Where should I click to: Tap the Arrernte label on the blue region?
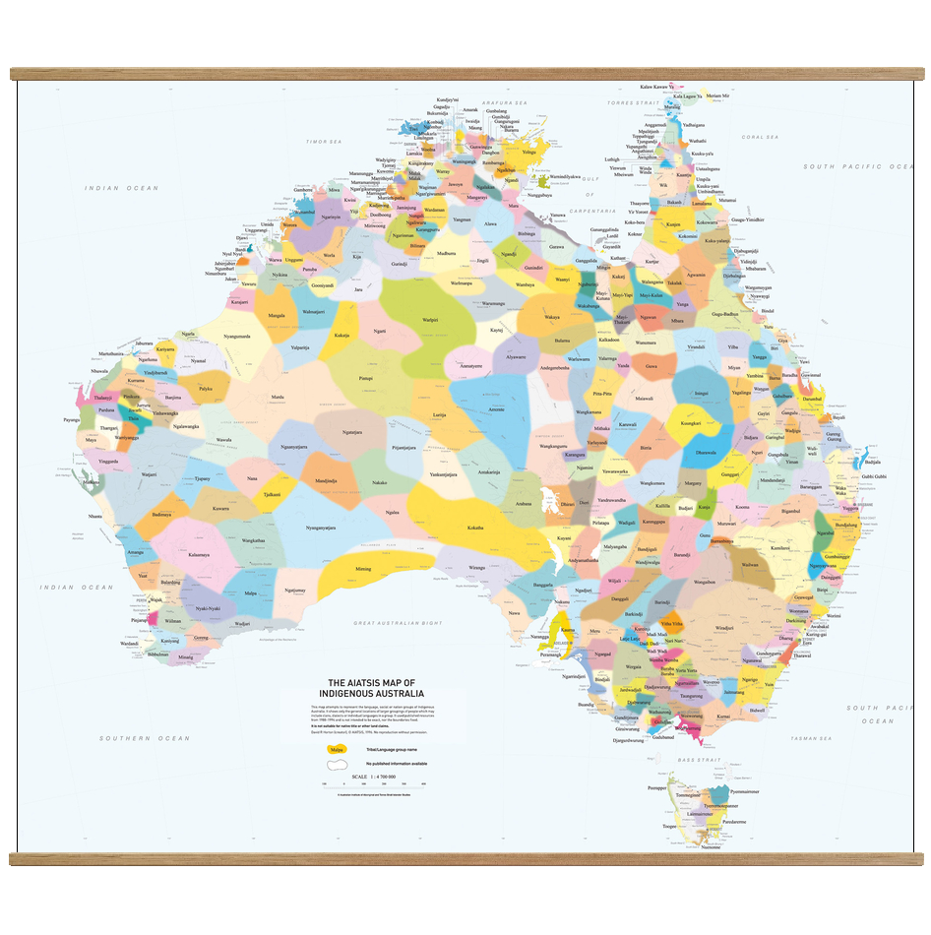(x=496, y=408)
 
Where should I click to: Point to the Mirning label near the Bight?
(x=363, y=568)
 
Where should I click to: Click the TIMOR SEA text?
(x=322, y=142)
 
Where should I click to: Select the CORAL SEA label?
(x=760, y=137)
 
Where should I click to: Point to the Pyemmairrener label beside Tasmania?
(x=744, y=790)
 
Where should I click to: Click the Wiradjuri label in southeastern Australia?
(x=724, y=627)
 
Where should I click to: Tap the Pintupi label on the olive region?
(x=365, y=377)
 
